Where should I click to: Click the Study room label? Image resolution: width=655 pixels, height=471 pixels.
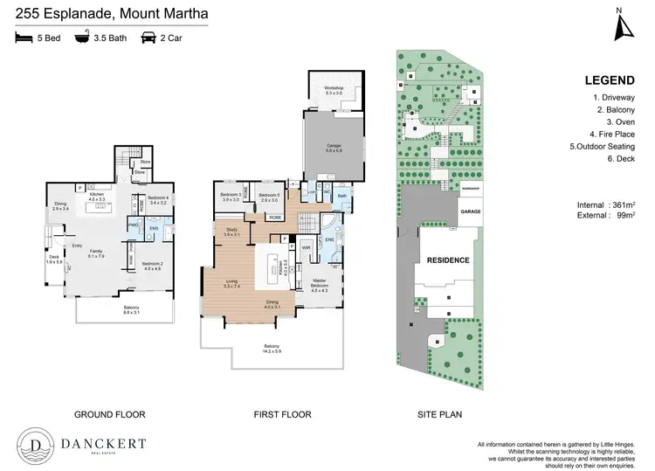click(231, 232)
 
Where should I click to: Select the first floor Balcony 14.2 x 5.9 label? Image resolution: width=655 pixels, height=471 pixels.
click(272, 348)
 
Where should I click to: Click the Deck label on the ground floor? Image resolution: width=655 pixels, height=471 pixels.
click(54, 259)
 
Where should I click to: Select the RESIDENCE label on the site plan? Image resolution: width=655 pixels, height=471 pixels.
click(447, 260)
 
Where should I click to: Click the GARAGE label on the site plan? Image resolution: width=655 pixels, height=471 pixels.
click(470, 211)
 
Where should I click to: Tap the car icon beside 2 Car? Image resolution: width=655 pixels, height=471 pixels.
click(146, 38)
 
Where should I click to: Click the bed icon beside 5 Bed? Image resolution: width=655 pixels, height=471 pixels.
click(22, 38)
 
